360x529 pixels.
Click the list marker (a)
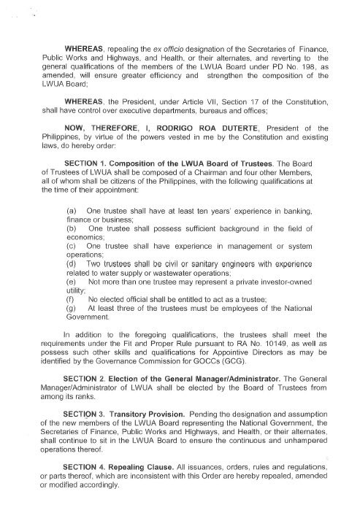72,210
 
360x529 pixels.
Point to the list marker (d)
72,263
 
